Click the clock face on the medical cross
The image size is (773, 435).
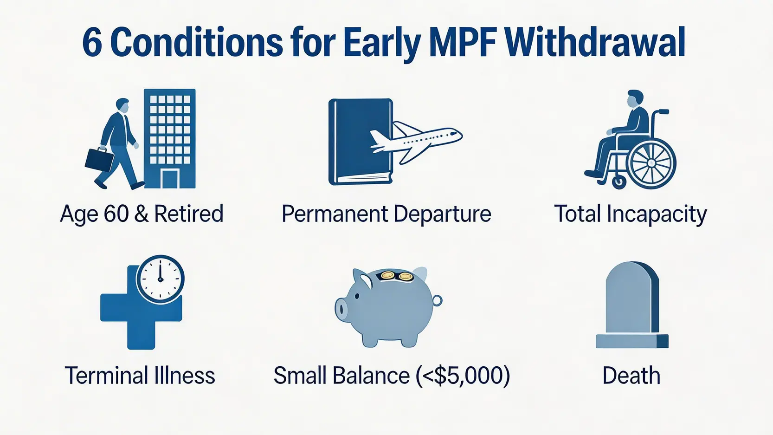[160, 279]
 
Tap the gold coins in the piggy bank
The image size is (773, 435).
[396, 276]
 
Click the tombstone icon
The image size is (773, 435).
[632, 305]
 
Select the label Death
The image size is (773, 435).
[631, 376]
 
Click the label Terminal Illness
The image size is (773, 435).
[140, 376]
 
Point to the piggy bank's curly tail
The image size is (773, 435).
[437, 300]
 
